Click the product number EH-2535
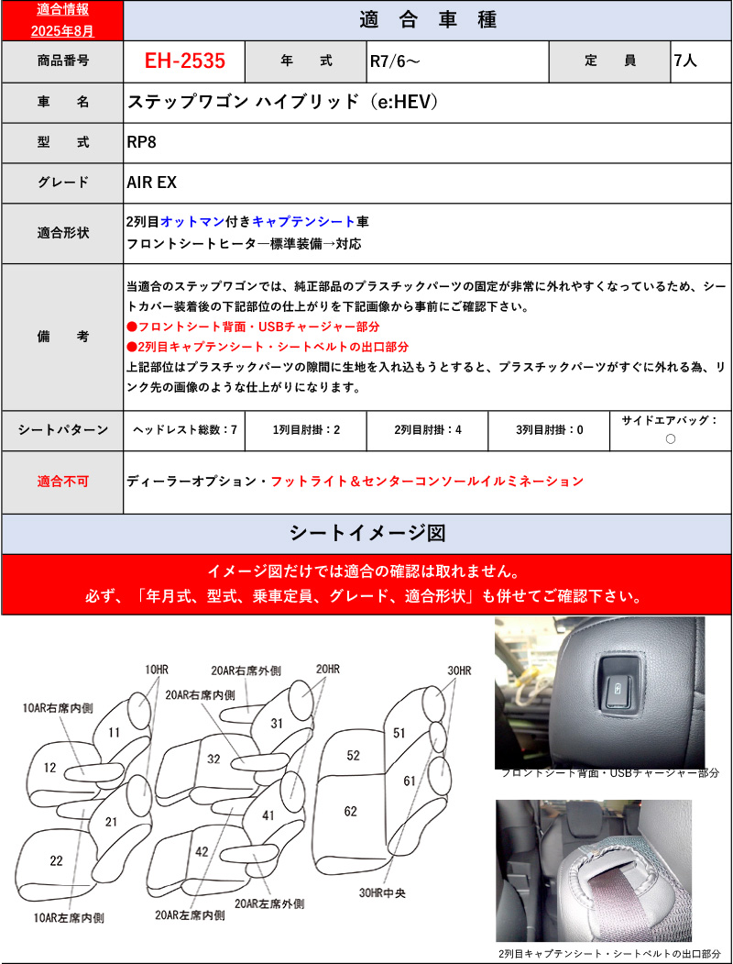pyautogui.click(x=184, y=61)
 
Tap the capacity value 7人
pyautogui.click(x=685, y=61)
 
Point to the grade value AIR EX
pyautogui.click(x=151, y=182)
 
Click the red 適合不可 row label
pyautogui.click(x=62, y=481)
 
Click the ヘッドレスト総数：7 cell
pyautogui.click(x=184, y=429)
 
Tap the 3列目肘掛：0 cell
pyautogui.click(x=549, y=429)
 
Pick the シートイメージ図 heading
pyautogui.click(x=366, y=534)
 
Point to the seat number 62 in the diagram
pyautogui.click(x=351, y=811)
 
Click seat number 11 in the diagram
pyautogui.click(x=114, y=732)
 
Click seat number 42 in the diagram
pyautogui.click(x=203, y=851)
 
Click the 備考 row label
pyautogui.click(x=62, y=337)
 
